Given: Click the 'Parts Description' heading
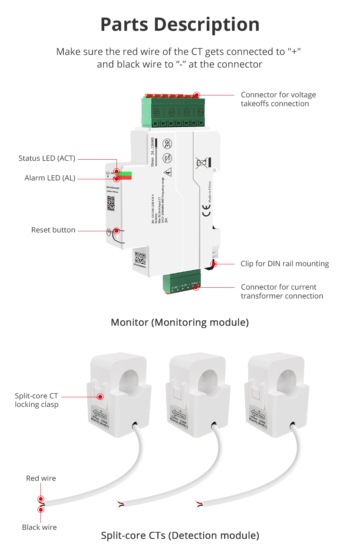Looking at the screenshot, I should [180, 25].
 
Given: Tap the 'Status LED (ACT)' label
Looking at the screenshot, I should [47, 159].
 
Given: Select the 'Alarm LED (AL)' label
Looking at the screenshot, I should [50, 178].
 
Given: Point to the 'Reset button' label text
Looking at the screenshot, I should [53, 230].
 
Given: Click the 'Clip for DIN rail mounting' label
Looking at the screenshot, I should [285, 264].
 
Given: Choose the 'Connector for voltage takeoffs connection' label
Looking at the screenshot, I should [278, 99].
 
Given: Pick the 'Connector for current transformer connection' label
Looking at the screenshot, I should [282, 292].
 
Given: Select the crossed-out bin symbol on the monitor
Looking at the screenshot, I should [202, 163].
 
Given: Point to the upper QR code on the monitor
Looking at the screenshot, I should [111, 203].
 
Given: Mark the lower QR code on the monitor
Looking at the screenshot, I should [140, 257].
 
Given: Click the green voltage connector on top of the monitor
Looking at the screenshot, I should [173, 112].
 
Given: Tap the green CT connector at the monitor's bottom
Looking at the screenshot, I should [182, 284].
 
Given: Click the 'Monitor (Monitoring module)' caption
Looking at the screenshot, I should [180, 323].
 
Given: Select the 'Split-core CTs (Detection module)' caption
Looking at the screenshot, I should [180, 536].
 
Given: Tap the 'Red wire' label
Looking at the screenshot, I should [41, 479].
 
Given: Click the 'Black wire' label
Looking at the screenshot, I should [39, 528].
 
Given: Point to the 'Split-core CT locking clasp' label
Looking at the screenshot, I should [36, 400].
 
